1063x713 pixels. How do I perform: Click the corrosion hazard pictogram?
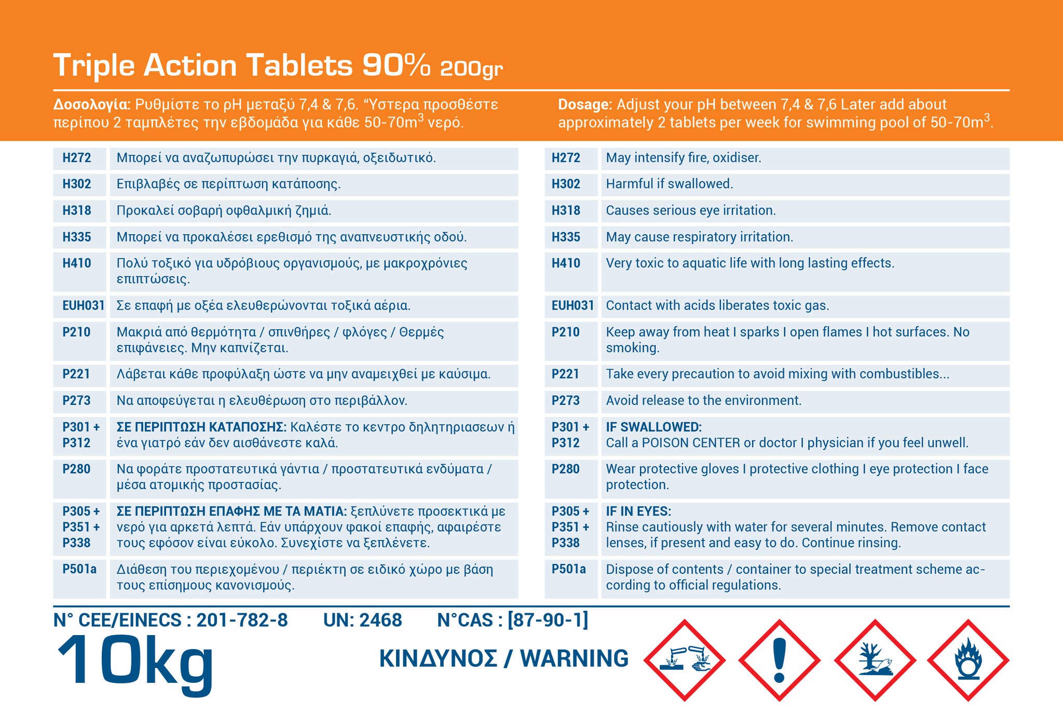coord(684,660)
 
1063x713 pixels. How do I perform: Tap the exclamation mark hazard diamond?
coord(779,660)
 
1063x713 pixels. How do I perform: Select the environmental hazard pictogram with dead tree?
coord(875,660)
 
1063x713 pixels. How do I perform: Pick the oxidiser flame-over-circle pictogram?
coord(968,660)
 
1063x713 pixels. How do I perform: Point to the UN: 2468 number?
coord(362,620)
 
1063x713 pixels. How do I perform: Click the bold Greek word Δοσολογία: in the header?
coord(91,104)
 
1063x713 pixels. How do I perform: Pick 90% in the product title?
coord(396,65)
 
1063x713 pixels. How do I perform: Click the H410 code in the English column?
coord(566,263)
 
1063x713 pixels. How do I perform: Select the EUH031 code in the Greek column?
coord(83,305)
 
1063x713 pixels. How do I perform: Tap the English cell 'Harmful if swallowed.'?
coord(670,184)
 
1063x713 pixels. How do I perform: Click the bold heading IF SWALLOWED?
coord(653,427)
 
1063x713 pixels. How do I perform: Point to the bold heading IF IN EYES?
coord(638,511)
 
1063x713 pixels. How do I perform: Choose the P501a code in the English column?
coord(568,569)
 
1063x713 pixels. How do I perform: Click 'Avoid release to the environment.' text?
coord(703,400)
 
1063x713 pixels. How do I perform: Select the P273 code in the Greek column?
coord(76,400)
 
